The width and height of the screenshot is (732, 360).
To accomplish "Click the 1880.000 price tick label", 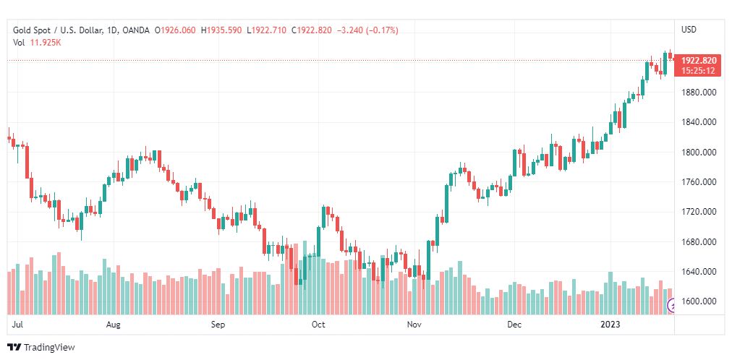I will point(699,93).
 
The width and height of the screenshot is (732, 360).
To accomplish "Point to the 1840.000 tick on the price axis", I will point(699,122).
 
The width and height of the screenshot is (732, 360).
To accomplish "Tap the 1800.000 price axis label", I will point(699,153).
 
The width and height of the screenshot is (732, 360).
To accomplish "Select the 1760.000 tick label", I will point(699,182).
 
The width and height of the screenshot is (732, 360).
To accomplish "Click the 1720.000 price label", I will point(699,212).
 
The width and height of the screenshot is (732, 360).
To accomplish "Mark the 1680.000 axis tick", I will point(699,242).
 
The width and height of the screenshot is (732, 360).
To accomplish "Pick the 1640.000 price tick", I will point(699,272).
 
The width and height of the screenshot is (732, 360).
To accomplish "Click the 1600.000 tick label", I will point(699,301).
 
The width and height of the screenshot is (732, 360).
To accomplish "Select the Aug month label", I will point(114,325).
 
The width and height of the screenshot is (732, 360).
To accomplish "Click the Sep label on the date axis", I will point(218,325).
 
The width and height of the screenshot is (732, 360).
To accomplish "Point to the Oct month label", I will point(318,325).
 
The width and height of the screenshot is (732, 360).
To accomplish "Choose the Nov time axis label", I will point(414,325).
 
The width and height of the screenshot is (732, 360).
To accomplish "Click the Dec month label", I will point(514,325).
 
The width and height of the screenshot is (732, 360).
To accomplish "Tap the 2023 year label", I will point(612,325).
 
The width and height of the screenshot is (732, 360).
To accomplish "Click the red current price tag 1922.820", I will point(699,61).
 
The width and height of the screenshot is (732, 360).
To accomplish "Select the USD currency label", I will point(689,30).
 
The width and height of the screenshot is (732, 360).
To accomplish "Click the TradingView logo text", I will point(48,348).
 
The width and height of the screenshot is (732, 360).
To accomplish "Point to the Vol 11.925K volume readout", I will point(37,43).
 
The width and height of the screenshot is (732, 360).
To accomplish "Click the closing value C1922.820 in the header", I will point(315,30).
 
